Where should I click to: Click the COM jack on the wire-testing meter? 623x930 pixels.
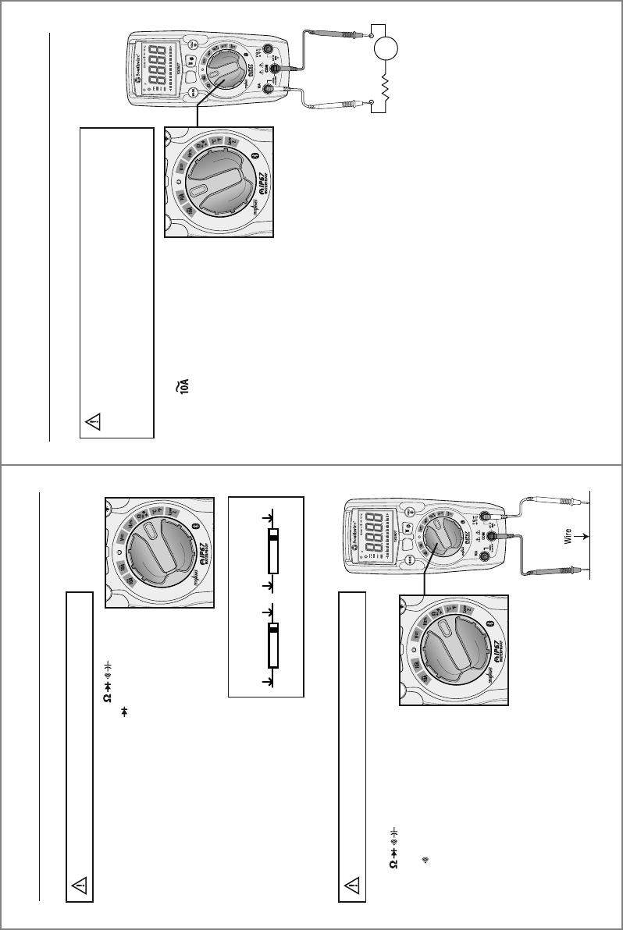[492, 538]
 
